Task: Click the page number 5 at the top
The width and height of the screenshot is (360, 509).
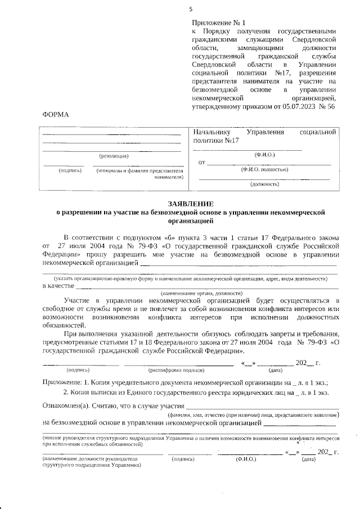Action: pyautogui.click(x=191, y=9)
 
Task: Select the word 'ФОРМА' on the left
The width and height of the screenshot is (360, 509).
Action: pyautogui.click(x=55, y=115)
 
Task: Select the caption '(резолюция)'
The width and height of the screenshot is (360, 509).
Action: pyautogui.click(x=114, y=155)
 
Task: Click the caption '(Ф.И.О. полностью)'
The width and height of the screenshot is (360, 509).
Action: pyautogui.click(x=264, y=169)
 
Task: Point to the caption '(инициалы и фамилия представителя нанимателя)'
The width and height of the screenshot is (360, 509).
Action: pyautogui.click(x=140, y=173)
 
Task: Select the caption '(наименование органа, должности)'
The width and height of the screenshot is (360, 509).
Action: pyautogui.click(x=201, y=293)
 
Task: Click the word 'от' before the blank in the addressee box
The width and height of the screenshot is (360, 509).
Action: pyautogui.click(x=201, y=163)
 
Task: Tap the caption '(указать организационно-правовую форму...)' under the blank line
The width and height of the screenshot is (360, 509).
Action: pyautogui.click(x=190, y=278)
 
